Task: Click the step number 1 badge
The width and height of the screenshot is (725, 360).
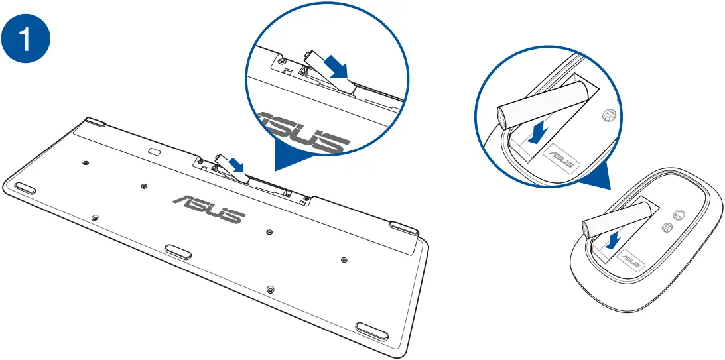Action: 27,39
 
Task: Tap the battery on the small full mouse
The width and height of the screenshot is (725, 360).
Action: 614,219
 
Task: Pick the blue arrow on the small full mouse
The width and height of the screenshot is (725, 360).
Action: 614,241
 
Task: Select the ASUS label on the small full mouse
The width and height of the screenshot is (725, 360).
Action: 633,264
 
